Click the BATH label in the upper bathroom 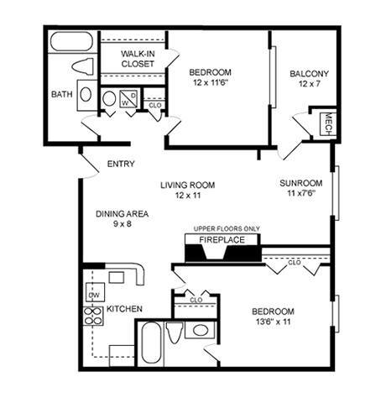61,94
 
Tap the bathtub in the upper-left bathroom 72,42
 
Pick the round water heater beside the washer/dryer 110,99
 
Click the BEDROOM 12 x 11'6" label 209,77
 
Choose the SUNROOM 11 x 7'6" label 300,187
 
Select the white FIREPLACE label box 222,240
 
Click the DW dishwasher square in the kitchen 94,295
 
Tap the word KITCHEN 124,308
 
